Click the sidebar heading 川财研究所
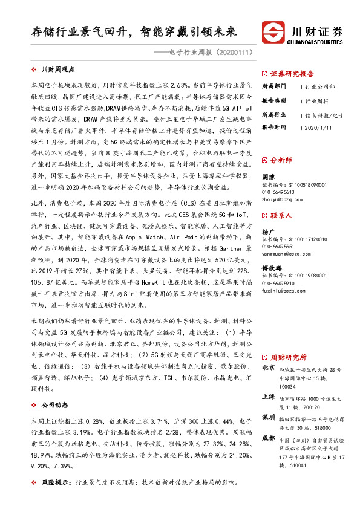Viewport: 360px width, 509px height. pyautogui.click(x=289, y=357)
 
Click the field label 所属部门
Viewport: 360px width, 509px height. pyautogui.click(x=273, y=85)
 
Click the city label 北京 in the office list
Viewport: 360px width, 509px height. pyautogui.click(x=269, y=368)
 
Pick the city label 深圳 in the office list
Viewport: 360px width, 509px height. pyautogui.click(x=269, y=418)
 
